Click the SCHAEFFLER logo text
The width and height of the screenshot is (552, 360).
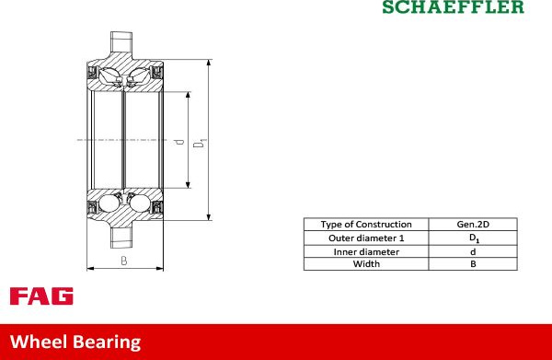(x=453, y=6)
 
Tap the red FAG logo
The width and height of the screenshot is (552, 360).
(x=41, y=296)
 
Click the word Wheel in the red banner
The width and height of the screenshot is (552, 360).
(x=39, y=342)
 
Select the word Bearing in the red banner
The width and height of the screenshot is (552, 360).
(x=107, y=343)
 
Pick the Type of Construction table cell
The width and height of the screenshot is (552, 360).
(x=366, y=225)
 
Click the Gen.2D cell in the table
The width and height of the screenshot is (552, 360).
(x=473, y=225)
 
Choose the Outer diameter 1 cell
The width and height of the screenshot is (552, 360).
(x=366, y=238)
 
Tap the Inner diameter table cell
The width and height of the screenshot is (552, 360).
(x=366, y=252)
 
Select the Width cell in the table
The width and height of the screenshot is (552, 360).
(x=366, y=264)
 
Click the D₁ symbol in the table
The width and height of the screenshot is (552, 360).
(x=474, y=238)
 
